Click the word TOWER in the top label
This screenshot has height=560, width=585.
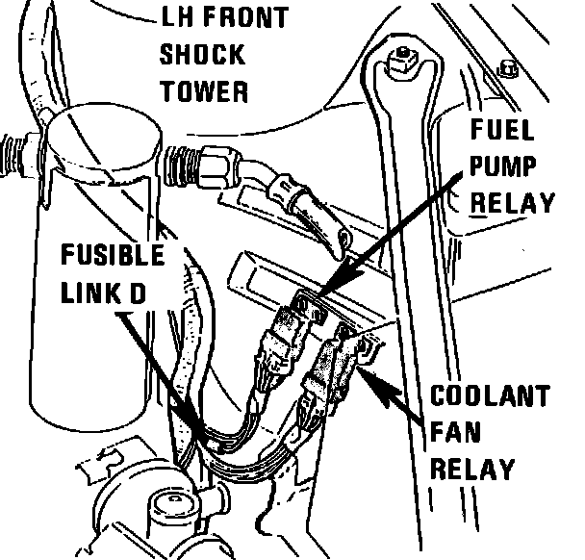point(204,91)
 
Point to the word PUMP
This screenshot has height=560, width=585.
point(503,165)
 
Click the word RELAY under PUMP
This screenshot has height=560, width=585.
point(511,202)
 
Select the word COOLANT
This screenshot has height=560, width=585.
point(491,396)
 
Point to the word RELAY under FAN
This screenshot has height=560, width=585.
point(472,470)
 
